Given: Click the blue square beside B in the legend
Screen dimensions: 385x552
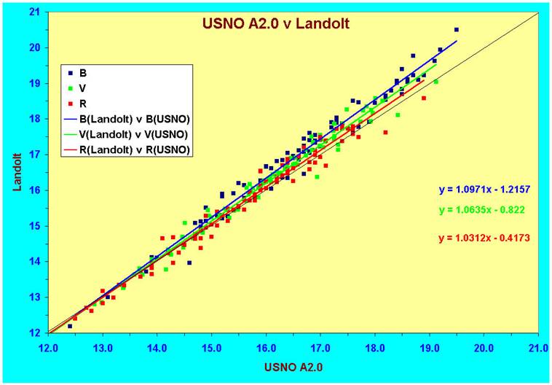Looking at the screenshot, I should tap(70, 73).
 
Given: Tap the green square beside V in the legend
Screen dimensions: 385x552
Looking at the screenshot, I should tap(70, 87).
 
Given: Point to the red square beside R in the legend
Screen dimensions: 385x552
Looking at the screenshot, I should tap(70, 103).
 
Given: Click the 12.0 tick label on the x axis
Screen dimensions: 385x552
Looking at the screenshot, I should tap(49, 346).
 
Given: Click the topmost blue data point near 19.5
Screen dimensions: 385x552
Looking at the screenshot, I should tap(457, 30).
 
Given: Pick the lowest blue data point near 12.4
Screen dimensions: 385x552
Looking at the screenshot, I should tap(70, 326).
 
